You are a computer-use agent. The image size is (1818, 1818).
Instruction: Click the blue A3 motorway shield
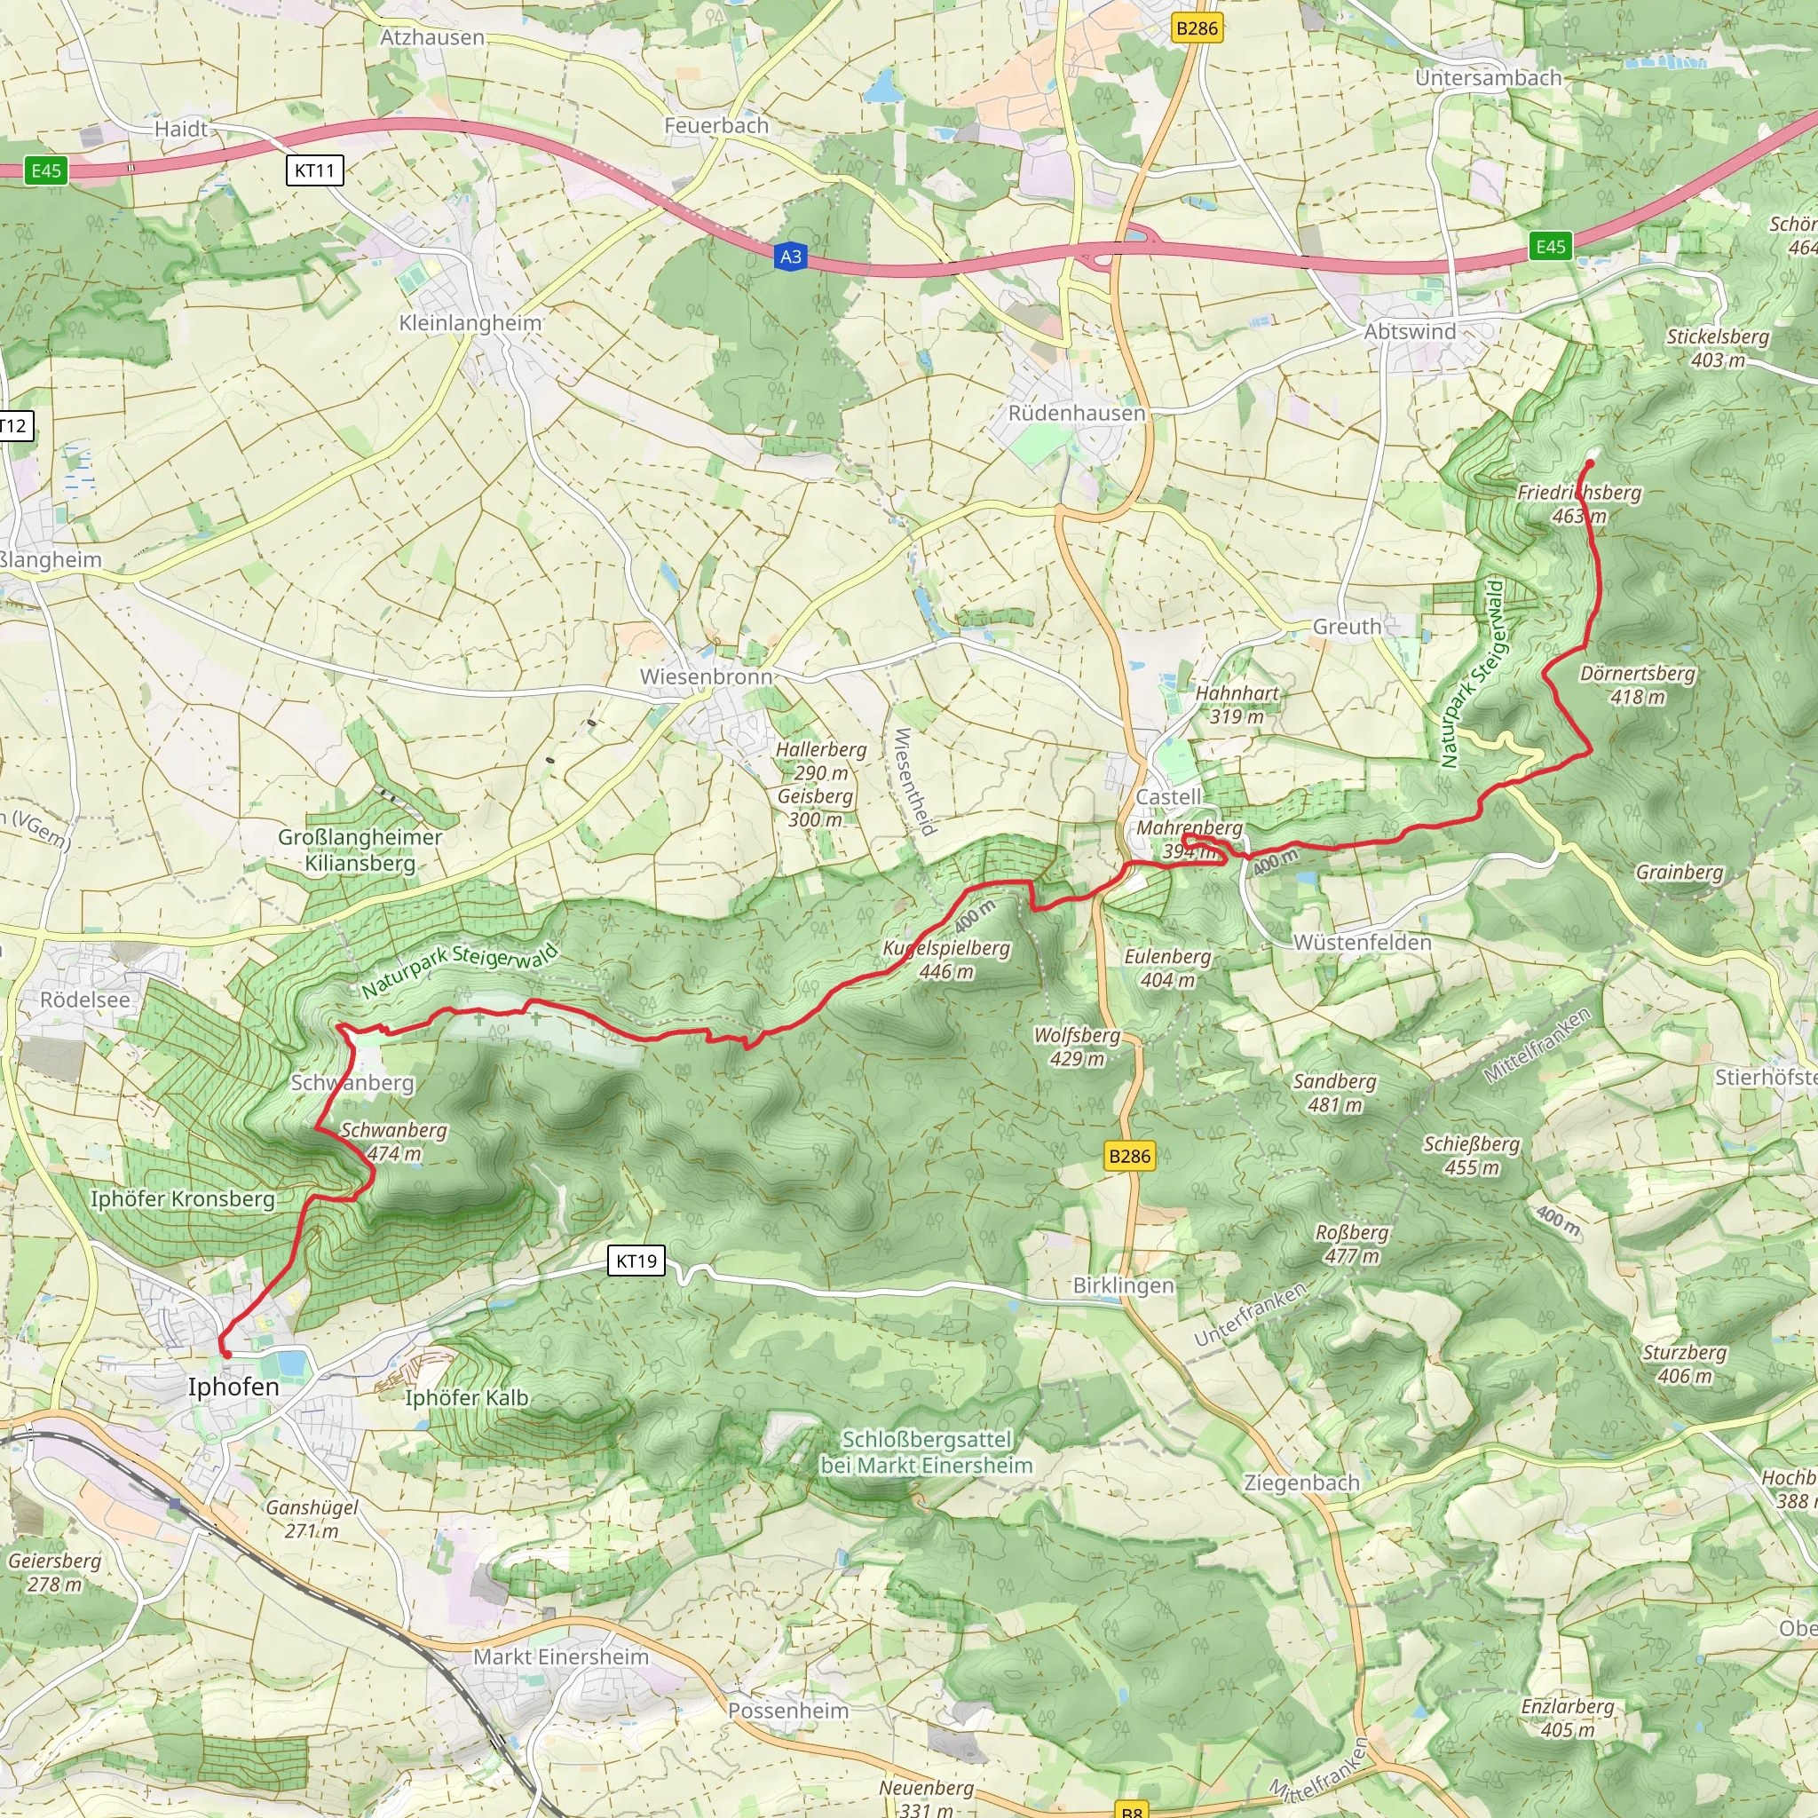(790, 257)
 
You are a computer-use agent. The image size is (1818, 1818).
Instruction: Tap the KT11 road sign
(314, 170)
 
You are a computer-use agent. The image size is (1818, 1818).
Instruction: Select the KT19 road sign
(637, 1261)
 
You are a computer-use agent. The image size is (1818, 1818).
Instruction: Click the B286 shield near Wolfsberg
(1129, 1157)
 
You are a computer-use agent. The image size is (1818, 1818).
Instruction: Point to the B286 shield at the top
(1197, 28)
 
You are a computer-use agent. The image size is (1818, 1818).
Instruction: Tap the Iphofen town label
(233, 1387)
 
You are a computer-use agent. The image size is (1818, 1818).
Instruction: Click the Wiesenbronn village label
(706, 676)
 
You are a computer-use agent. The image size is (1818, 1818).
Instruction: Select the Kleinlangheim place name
(470, 323)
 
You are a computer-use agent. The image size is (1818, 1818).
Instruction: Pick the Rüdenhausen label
(1077, 413)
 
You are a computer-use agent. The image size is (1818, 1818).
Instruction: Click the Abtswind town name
(1410, 331)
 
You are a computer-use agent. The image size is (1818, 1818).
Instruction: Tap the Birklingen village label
(1124, 1285)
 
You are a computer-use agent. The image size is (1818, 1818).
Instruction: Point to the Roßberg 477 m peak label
(1351, 1244)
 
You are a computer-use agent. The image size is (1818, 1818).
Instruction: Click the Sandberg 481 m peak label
(1334, 1093)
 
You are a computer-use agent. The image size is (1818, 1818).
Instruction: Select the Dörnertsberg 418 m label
(1637, 685)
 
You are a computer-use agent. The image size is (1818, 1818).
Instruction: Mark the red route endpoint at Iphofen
(225, 1354)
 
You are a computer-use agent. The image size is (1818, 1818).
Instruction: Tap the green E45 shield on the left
(46, 170)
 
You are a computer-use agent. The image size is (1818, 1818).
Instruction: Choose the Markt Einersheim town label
(561, 1657)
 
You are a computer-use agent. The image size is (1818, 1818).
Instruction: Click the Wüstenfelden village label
(1362, 942)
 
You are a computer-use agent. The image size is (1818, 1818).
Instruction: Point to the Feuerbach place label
(716, 125)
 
